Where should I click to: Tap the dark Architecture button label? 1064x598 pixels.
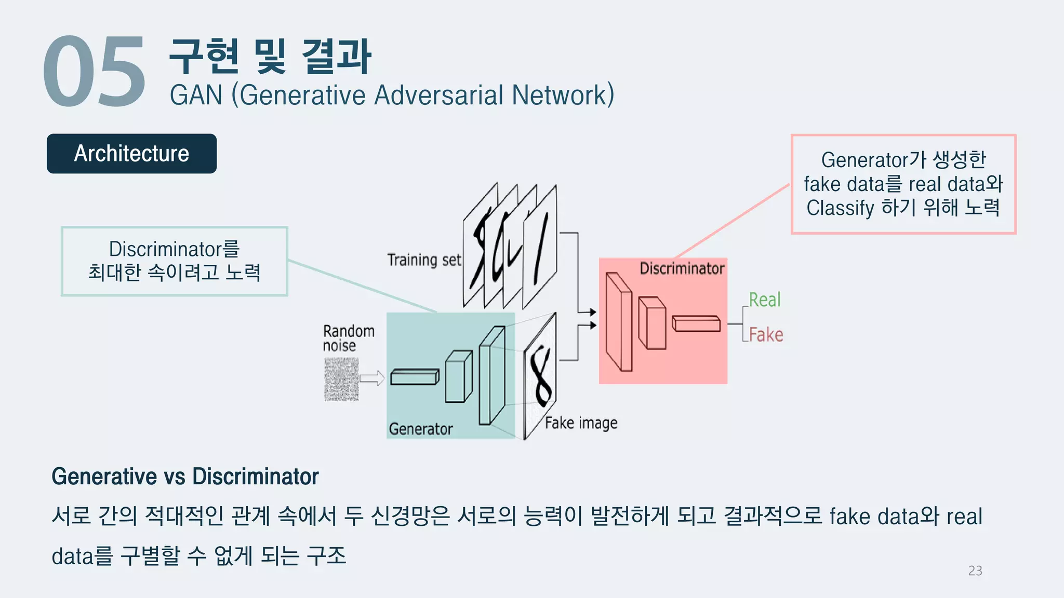pos(131,154)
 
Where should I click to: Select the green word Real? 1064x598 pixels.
pos(764,300)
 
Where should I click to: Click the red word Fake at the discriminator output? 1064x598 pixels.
pos(766,335)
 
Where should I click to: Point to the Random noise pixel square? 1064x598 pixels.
pos(341,379)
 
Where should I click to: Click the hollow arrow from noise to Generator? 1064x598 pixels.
pos(372,378)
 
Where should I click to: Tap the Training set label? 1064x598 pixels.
pos(424,260)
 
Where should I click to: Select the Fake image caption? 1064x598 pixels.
pos(581,423)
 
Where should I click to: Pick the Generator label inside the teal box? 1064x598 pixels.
pos(421,429)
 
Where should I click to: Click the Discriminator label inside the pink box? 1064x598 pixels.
pos(682,268)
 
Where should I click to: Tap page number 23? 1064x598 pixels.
pos(975,570)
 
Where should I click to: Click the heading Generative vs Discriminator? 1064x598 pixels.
pos(185,477)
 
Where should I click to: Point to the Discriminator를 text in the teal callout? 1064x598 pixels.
pos(174,249)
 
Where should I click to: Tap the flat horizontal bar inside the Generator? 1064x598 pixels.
pos(414,377)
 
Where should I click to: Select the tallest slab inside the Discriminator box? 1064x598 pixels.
pos(619,322)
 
